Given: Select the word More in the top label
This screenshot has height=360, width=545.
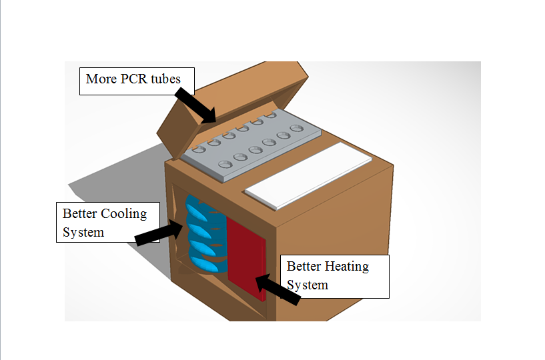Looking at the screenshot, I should pyautogui.click(x=100, y=79).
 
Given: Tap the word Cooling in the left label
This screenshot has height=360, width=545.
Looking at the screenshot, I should pyautogui.click(x=124, y=214).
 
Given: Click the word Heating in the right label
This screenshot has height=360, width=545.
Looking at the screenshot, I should pyautogui.click(x=347, y=266).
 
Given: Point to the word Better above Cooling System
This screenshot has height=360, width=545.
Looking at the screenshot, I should pyautogui.click(x=80, y=214).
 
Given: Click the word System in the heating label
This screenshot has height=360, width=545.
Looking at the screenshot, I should pyautogui.click(x=308, y=285).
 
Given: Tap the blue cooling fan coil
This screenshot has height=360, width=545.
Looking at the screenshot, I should pyautogui.click(x=203, y=233).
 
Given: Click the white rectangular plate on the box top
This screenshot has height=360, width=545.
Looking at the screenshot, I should pyautogui.click(x=308, y=172).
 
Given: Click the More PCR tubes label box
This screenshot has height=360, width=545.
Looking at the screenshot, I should pyautogui.click(x=136, y=81).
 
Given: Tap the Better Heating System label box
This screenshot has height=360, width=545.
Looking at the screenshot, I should pyautogui.click(x=334, y=275).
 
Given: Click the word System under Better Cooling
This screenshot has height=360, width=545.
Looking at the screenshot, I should pyautogui.click(x=83, y=232).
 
